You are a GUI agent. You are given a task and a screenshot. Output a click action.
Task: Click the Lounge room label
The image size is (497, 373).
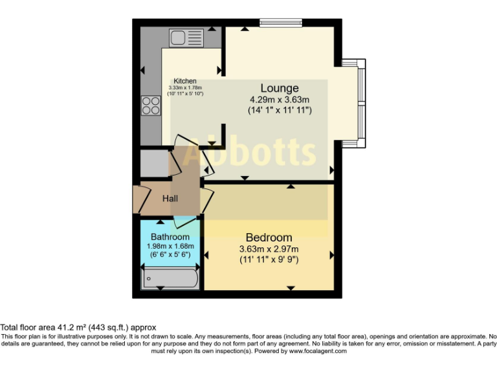[x=280, y=88]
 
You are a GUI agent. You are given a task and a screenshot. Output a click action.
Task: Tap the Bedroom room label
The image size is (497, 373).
[x=268, y=238]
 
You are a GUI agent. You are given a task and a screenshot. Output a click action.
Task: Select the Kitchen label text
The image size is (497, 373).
[x=184, y=81]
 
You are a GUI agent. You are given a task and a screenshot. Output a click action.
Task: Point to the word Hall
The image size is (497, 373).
[x=170, y=199]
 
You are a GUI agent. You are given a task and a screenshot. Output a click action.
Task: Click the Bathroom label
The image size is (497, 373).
[x=170, y=237]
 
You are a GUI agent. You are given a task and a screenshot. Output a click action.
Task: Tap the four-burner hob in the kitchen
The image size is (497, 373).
[x=151, y=105]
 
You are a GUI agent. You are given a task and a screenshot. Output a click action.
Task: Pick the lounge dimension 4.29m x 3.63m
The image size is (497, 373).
[x=280, y=100]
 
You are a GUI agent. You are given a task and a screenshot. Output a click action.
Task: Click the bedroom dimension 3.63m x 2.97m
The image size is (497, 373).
[x=268, y=249]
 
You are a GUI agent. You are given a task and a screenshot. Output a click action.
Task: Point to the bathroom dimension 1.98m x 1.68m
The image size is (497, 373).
[x=170, y=246]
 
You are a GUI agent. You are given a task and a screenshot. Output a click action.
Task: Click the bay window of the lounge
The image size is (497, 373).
[x=360, y=104]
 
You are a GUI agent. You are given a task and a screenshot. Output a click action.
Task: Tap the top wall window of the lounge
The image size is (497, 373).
[x=281, y=23]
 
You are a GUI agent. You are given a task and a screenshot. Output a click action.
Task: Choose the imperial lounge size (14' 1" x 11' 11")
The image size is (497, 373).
[x=280, y=110]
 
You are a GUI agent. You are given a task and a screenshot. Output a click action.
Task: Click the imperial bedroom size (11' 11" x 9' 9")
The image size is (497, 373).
[x=268, y=260]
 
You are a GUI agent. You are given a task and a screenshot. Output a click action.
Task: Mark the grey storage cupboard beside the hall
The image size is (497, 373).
[x=155, y=163]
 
